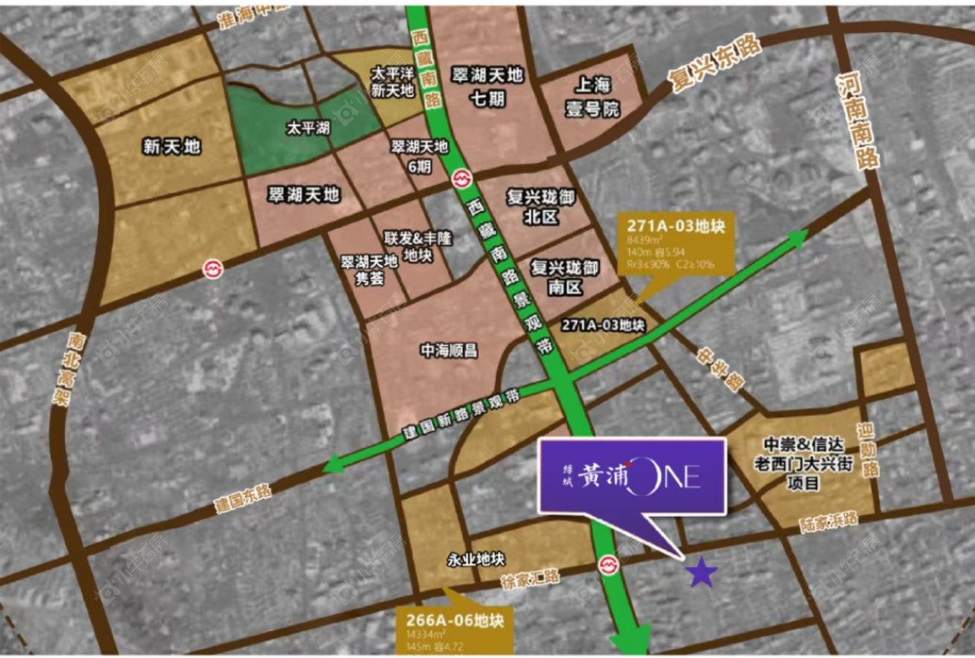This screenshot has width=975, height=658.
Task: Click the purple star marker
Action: pos(702,571)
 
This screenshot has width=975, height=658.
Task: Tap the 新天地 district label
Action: pos(172,146)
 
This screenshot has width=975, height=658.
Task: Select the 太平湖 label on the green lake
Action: pos(309,127)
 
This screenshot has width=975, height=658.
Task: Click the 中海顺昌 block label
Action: pos(449,351)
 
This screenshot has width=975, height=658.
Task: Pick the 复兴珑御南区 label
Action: pos(564,277)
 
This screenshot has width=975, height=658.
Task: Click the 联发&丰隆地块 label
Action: pos(406,247)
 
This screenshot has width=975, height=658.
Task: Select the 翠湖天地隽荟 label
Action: pos(368,269)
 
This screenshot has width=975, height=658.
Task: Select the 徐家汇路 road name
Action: pos(532,577)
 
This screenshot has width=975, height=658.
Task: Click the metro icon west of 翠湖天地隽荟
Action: pos(212,268)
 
